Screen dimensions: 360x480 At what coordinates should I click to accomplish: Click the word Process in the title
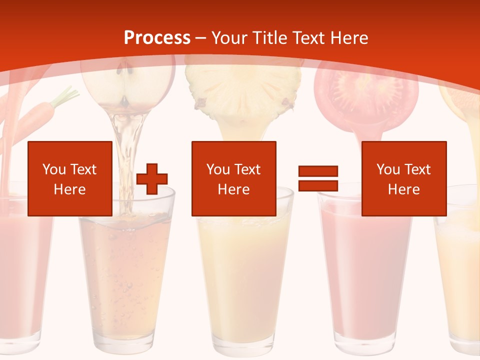157,37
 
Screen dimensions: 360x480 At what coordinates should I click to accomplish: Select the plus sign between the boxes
152,178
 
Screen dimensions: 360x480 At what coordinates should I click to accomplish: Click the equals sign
318,178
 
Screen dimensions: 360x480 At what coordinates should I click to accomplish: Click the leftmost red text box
70,178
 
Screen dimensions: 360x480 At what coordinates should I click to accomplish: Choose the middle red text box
233,178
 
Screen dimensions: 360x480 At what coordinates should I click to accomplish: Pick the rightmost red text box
403,178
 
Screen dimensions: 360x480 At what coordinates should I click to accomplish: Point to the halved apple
128,85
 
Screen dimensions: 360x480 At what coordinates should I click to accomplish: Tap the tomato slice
367,95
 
